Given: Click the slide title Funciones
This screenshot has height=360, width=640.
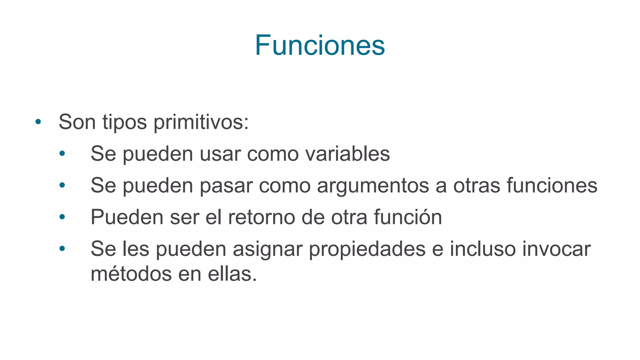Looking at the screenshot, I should (320, 46).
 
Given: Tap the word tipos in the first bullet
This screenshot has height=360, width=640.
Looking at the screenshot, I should (124, 122).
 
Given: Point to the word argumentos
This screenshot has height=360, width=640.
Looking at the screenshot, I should (373, 186).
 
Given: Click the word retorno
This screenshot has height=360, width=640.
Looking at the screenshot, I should (261, 217).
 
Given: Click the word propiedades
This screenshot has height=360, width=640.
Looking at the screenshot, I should (367, 249).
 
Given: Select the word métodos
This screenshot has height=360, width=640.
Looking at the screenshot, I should (131, 274).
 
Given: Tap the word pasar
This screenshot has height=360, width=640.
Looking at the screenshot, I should (226, 186).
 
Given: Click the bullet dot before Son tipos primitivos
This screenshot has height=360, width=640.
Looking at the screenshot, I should (38, 122).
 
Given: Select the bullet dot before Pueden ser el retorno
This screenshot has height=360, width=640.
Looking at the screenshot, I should (62, 217).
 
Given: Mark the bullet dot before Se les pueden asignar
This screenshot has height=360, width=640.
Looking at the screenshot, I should (62, 249).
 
